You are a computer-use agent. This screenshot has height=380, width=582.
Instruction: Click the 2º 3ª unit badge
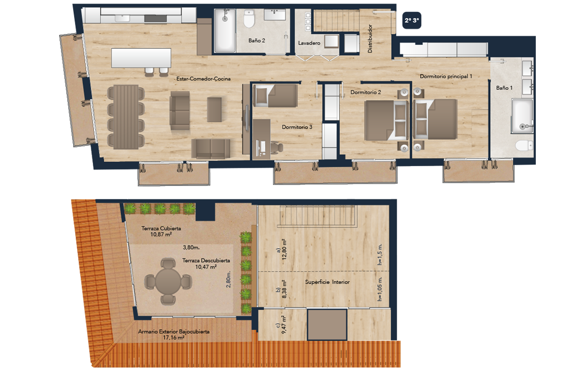pyautogui.click(x=412, y=20)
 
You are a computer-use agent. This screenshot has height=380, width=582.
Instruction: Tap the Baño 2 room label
pyautogui.click(x=257, y=40)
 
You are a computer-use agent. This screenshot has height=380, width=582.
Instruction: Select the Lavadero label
pyautogui.click(x=309, y=43)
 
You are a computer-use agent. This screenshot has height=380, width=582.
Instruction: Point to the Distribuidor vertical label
pyautogui.click(x=370, y=38)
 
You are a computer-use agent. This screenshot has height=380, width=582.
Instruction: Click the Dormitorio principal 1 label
pyautogui.click(x=446, y=76)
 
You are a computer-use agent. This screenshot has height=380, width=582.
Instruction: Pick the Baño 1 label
pyautogui.click(x=504, y=88)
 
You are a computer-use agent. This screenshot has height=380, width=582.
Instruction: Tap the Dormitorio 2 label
pyautogui.click(x=366, y=92)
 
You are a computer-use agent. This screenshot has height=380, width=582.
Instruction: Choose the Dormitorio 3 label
pyautogui.click(x=297, y=127)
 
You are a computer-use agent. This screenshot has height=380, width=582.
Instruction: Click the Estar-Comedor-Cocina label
pyautogui.click(x=203, y=79)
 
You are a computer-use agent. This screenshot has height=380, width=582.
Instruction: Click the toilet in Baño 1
pyautogui.click(x=524, y=145)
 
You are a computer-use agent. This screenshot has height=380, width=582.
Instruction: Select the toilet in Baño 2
pyautogui.click(x=248, y=19)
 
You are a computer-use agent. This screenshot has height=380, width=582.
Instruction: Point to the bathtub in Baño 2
pyautogui.click(x=225, y=31)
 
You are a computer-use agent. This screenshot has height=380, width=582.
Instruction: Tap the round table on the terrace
pyautogui.click(x=168, y=282)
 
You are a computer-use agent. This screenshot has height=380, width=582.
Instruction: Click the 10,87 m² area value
pyautogui.click(x=161, y=235)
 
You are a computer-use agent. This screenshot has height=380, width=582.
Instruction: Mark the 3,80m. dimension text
pyautogui.click(x=191, y=248)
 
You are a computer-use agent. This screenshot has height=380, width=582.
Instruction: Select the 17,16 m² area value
pyautogui.click(x=174, y=337)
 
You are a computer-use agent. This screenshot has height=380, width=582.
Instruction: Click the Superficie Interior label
pyautogui.click(x=327, y=282)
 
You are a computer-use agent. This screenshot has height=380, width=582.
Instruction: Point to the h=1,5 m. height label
pyautogui.click(x=380, y=254)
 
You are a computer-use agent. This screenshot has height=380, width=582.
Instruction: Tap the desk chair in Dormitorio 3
pyautogui.click(x=276, y=148)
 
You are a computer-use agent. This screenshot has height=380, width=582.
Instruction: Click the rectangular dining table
pyautogui.click(x=126, y=117)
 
